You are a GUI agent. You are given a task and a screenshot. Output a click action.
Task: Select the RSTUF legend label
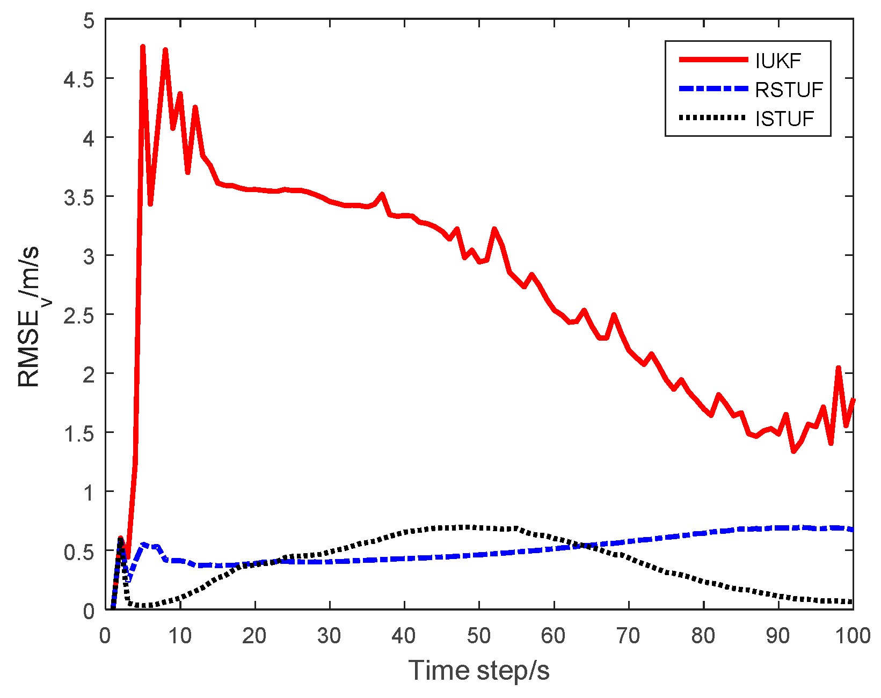coord(789,90)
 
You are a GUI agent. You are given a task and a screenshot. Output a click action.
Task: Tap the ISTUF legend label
coord(784,119)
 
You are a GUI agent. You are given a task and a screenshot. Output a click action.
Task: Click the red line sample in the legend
coord(713,60)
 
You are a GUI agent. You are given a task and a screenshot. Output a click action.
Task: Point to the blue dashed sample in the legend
coord(713,89)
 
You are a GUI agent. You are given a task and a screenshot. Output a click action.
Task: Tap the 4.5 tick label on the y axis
coord(79,79)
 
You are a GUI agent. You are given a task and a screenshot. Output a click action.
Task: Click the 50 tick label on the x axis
coord(478,636)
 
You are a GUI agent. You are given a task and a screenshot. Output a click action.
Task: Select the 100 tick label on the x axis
coord(852,636)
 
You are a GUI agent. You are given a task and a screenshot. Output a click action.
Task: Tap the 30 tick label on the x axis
coord(329,636)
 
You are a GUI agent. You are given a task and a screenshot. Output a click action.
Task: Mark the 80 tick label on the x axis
coord(703,636)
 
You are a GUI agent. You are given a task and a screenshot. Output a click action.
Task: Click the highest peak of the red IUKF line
coord(143,47)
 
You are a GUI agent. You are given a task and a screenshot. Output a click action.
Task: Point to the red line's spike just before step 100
coord(838,368)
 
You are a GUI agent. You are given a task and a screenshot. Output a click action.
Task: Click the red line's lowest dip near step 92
coord(793,452)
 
